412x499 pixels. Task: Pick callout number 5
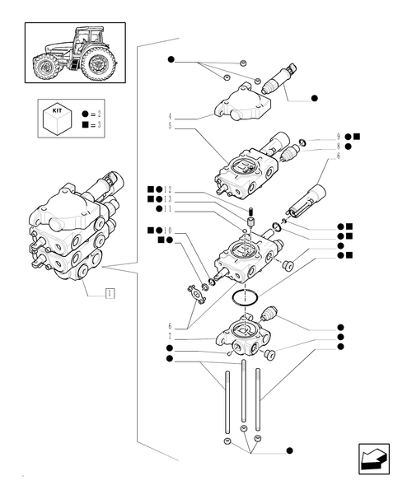(x=169, y=127)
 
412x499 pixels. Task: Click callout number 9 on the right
(x=339, y=137)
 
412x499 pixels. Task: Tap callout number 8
(x=339, y=147)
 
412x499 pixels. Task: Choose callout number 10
(x=168, y=231)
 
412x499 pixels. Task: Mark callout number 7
(x=169, y=338)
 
